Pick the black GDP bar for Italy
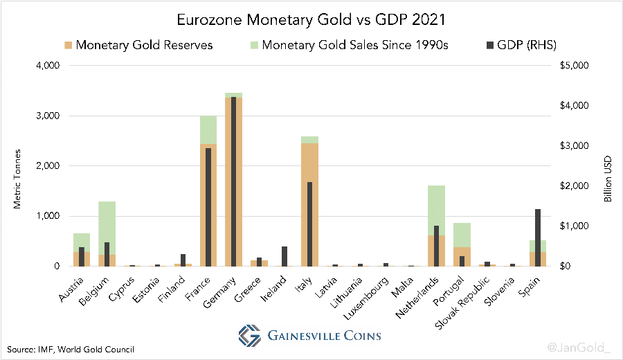click(x=309, y=224)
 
